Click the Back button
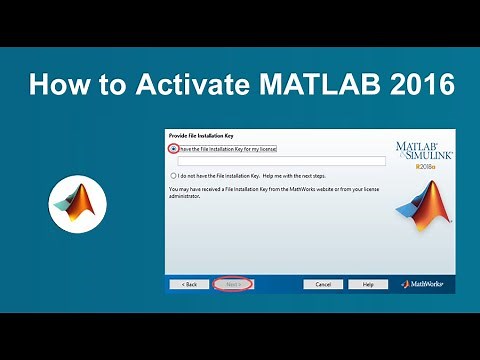tap(189, 284)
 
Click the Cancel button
tap(324, 284)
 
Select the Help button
tap(368, 284)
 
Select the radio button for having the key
tap(173, 148)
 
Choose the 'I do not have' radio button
tap(173, 175)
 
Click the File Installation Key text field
tap(281, 161)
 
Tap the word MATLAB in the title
tap(323, 86)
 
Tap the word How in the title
tap(54, 86)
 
